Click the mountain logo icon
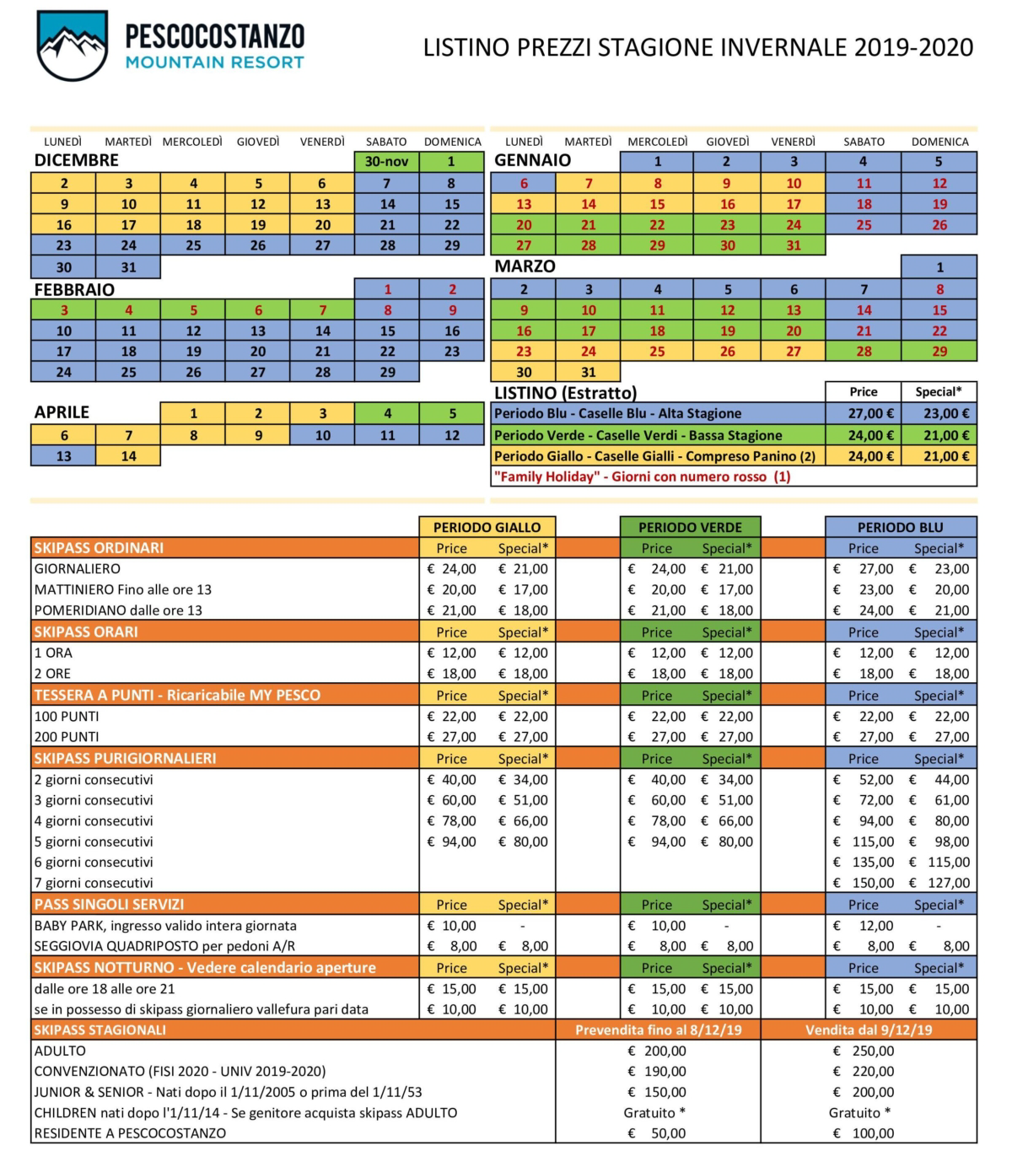pos(73,46)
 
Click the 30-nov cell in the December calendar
pos(386,161)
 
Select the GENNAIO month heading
pos(532,160)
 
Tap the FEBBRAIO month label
pos(74,289)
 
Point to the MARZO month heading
pos(525,266)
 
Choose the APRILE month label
pos(62,412)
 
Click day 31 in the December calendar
pos(128,267)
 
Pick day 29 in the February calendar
pos(387,372)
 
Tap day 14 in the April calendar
pos(128,456)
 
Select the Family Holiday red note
pos(642,477)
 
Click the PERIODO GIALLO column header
pos(487,527)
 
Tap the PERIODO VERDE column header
pos(690,527)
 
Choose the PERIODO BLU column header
pos(900,527)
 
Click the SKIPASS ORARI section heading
pos(86,632)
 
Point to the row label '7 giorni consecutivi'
pos(94,883)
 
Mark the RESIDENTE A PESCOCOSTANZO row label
pos(130,1133)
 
